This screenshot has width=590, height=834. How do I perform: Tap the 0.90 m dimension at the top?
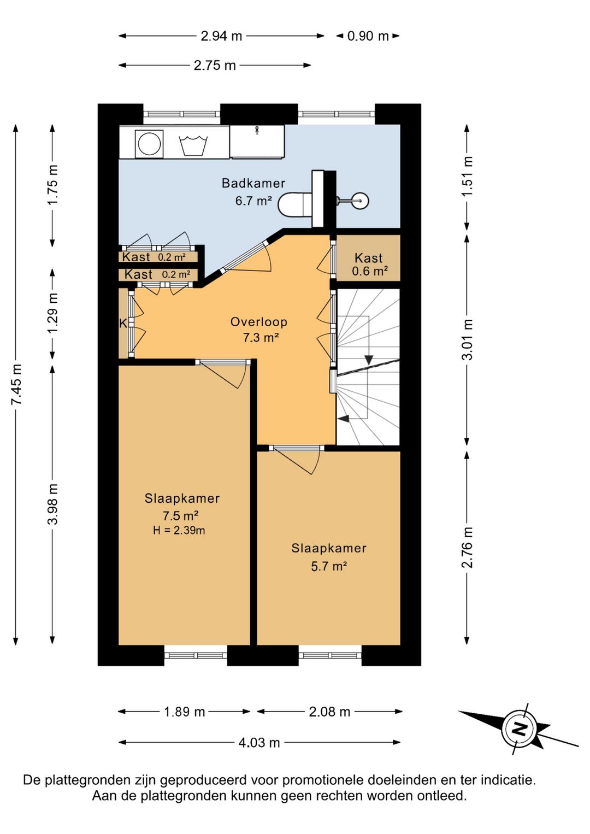(368, 36)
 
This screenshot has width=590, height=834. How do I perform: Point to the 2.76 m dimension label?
(467, 547)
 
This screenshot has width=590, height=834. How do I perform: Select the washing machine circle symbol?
(150, 143)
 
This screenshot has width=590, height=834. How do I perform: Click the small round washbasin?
(361, 201)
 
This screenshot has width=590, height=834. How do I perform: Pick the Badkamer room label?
(253, 183)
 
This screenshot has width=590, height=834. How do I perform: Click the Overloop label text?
(259, 322)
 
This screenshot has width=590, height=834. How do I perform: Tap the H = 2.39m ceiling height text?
(179, 530)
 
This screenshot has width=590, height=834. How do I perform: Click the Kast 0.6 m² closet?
(368, 259)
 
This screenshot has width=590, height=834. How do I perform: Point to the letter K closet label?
(123, 324)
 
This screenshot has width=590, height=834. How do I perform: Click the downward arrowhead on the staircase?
(369, 360)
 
